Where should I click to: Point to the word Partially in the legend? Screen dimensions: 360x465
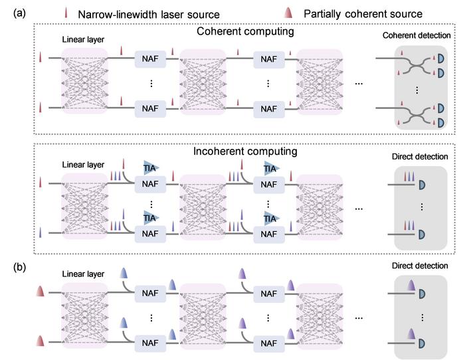pyautogui.click(x=322, y=13)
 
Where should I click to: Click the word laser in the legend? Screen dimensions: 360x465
pyautogui.click(x=176, y=13)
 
